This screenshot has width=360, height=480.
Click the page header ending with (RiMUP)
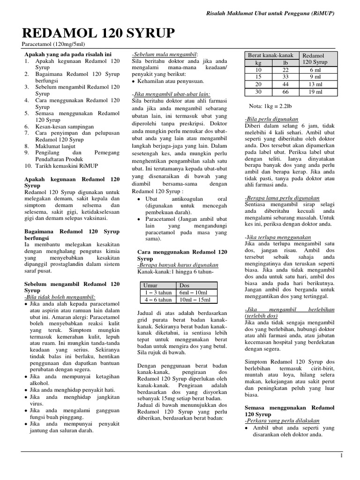coord(270,14)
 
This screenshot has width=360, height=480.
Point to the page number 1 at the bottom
coord(342,455)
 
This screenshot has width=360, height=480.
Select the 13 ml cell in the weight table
coord(315,84)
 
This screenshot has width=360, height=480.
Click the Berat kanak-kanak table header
coord(271,55)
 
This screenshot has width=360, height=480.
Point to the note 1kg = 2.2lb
coord(268,105)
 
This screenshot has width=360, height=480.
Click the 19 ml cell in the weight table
coord(315,92)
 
